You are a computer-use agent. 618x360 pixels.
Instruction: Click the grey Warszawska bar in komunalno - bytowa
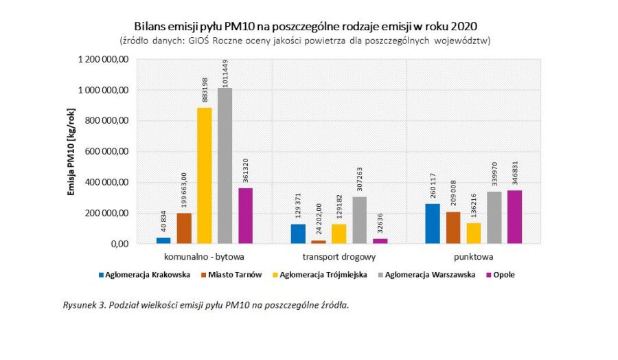225,166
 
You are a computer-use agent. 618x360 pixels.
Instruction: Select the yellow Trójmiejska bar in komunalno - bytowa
205,176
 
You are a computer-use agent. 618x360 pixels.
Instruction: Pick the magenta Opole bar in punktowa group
515,216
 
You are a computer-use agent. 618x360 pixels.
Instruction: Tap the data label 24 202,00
319,219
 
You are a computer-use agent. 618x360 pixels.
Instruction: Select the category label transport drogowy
339,258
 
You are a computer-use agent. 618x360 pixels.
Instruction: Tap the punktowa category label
474,258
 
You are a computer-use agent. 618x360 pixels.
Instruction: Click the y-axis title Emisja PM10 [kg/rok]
71,152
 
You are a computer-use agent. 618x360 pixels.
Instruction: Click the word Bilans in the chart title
149,25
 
